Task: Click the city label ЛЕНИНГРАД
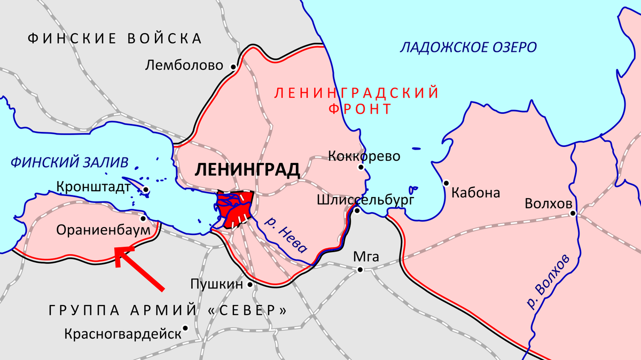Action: point(247,170)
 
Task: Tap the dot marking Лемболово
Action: point(233,67)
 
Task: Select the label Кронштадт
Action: point(93,187)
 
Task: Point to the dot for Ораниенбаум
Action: point(143,218)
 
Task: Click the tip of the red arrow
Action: point(117,249)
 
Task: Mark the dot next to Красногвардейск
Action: point(185,328)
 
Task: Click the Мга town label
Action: point(366,256)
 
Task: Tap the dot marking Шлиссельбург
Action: point(357,211)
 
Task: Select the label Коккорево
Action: point(364,156)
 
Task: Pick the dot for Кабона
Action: point(446,183)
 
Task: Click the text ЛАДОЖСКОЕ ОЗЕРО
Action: point(468,48)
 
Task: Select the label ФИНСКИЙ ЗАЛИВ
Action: point(70,162)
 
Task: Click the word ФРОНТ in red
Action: point(359,109)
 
